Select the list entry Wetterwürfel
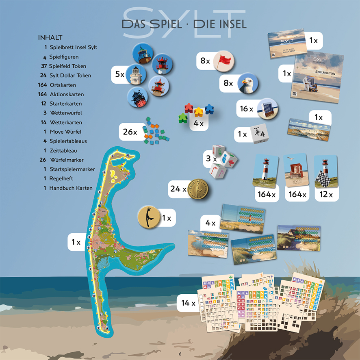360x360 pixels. [66, 113]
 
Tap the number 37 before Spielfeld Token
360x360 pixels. [44, 66]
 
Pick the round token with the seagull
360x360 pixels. [248, 84]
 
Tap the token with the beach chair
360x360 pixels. [268, 108]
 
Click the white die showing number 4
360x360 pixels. [258, 134]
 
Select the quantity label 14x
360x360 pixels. [188, 303]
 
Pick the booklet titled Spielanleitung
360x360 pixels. [316, 77]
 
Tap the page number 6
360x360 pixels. [180, 353]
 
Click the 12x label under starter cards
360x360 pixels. [326, 195]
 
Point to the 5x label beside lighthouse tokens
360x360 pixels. [119, 74]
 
